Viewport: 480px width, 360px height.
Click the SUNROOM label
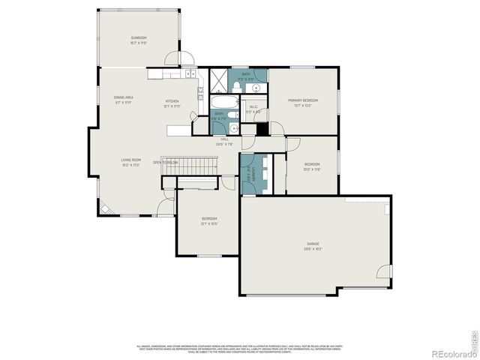click(x=139, y=37)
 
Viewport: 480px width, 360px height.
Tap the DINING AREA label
click(x=124, y=97)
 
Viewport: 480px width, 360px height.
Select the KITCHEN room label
click(x=172, y=101)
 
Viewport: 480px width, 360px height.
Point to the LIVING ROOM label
click(x=131, y=160)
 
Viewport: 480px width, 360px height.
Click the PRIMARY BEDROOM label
click(x=303, y=100)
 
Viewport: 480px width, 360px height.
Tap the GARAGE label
click(x=313, y=244)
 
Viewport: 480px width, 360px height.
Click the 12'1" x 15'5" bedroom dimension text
click(x=208, y=223)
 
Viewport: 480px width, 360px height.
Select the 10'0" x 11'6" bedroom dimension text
click(x=312, y=169)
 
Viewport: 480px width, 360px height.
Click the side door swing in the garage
click(x=383, y=274)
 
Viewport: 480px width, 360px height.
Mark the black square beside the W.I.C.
click(x=262, y=129)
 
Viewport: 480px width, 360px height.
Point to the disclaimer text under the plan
click(x=240, y=349)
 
